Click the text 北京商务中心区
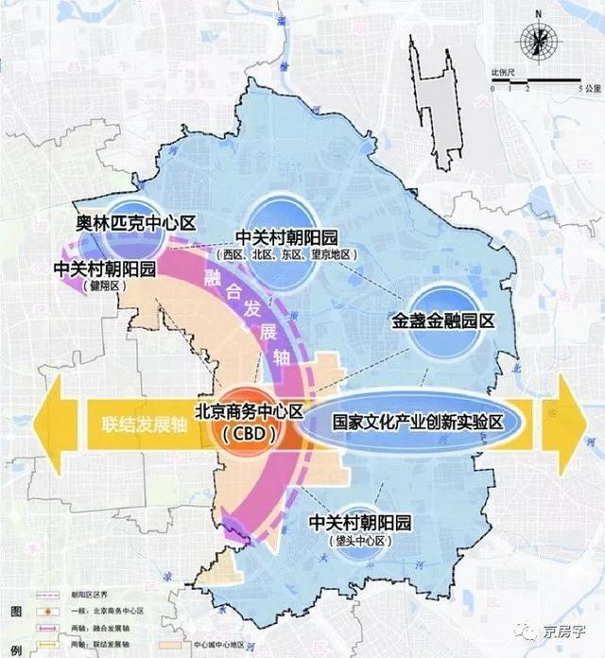point(248,412)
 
